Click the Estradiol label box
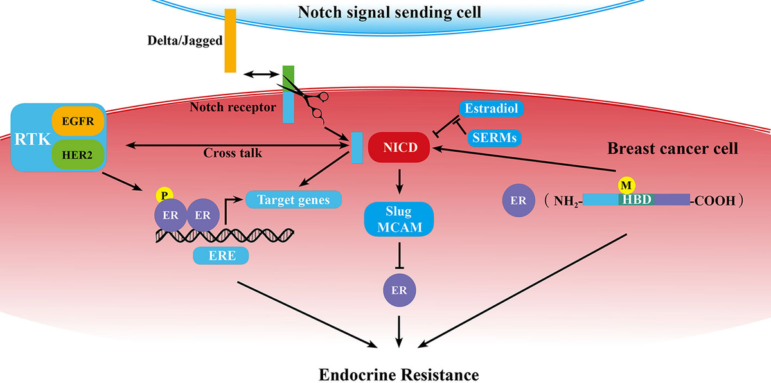[x=492, y=109]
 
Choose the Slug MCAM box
[x=399, y=219]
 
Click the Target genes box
[x=293, y=200]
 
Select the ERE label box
[x=221, y=256]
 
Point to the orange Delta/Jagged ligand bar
[x=230, y=40]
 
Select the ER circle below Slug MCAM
[x=399, y=290]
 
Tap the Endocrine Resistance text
[x=398, y=373]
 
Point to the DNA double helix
[x=226, y=235]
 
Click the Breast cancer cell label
[x=672, y=148]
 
